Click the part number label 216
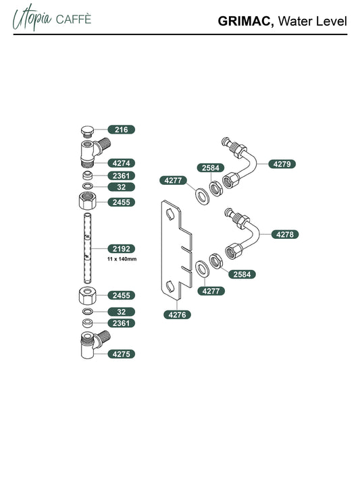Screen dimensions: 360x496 tap(122, 130)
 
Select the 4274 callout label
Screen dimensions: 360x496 tap(122, 163)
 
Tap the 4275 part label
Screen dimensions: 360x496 tap(122, 354)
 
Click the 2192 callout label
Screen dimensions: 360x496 tap(122, 248)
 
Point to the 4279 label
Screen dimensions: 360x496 tap(282, 164)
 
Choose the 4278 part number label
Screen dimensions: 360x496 tap(284, 234)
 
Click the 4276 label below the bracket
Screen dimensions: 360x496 tap(177, 314)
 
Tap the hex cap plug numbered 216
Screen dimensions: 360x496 tap(86, 132)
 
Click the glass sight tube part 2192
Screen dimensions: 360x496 tap(87, 248)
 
